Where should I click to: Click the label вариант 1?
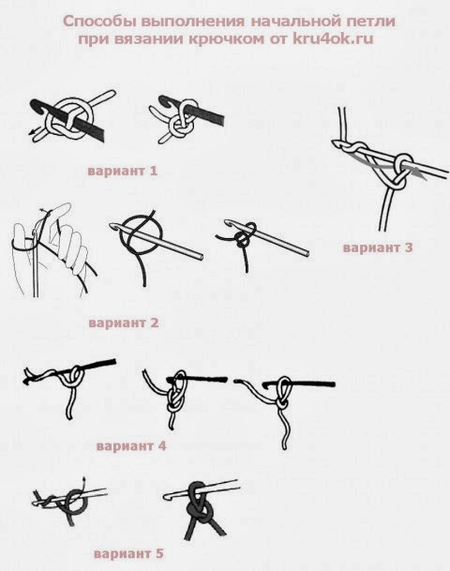click(x=122, y=171)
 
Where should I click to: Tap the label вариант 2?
click(x=124, y=323)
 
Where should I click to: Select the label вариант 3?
click(x=378, y=248)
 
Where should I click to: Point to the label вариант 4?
click(x=131, y=445)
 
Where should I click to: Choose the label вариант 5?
click(x=128, y=554)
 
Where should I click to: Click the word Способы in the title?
click(x=99, y=22)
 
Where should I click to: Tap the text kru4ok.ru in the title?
click(x=333, y=38)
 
